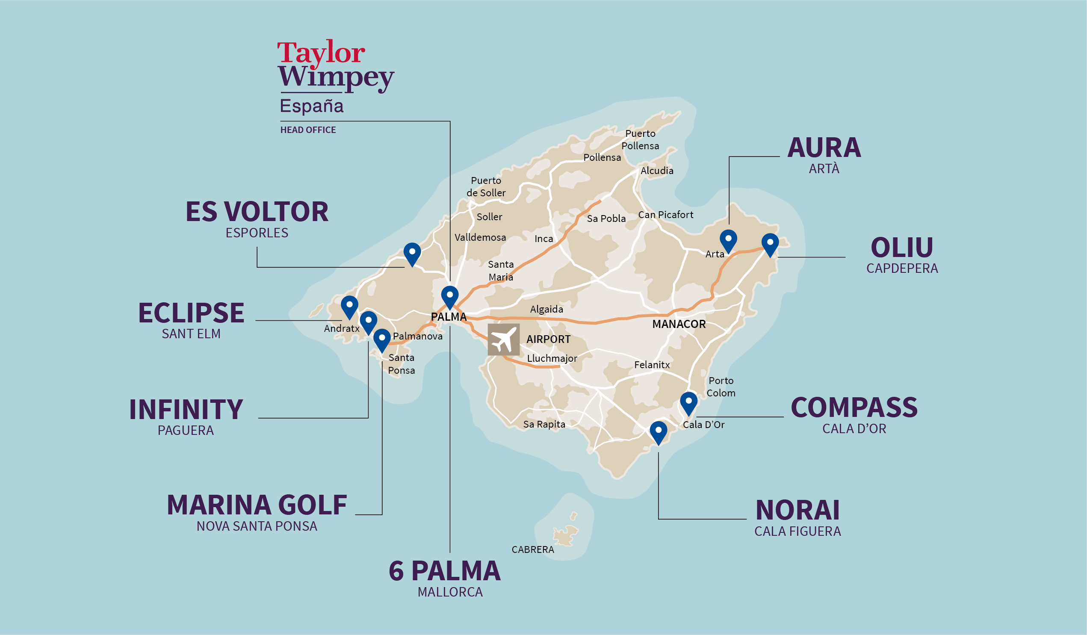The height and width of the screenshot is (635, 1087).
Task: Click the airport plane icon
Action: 503,340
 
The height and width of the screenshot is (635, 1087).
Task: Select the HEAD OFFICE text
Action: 308,130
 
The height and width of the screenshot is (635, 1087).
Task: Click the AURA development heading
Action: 824,148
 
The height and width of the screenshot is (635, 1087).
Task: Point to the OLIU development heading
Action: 902,248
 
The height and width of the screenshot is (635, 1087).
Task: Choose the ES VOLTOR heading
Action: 257,212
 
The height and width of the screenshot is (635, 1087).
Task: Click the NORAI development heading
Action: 798,510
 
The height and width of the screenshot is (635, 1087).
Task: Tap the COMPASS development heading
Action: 854,408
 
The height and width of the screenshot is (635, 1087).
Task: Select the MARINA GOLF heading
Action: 257,505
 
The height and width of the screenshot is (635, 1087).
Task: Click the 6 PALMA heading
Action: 445,571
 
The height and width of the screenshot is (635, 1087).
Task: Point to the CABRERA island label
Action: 533,549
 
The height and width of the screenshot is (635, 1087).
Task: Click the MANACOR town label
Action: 679,325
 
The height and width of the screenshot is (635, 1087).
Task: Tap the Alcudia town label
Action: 657,171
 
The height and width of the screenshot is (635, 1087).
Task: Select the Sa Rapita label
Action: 544,425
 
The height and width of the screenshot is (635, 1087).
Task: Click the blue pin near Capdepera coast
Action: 770,244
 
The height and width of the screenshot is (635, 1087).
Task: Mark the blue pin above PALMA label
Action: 449,296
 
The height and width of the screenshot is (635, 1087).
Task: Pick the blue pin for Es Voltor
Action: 412,253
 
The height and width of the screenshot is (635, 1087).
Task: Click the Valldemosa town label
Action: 480,238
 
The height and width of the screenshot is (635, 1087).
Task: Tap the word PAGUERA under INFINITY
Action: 186,431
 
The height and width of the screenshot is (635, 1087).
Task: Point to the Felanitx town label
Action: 652,365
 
